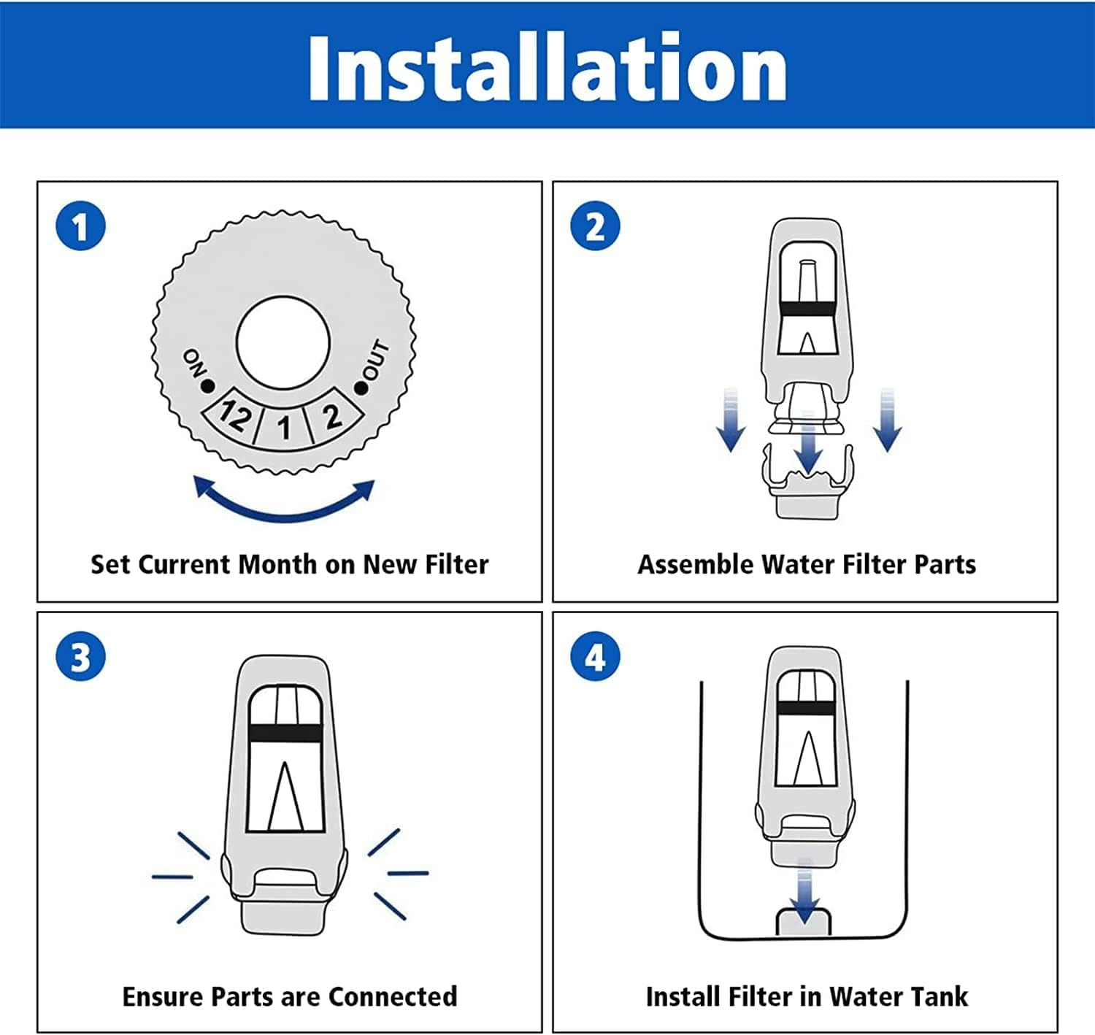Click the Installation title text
(547, 67)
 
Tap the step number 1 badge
(81, 226)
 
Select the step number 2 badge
(595, 226)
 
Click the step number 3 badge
(81, 656)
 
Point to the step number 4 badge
(595, 656)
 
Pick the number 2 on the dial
(333, 416)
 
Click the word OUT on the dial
(375, 360)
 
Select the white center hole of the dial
(283, 342)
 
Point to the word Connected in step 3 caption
(392, 996)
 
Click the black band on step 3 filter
(284, 734)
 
